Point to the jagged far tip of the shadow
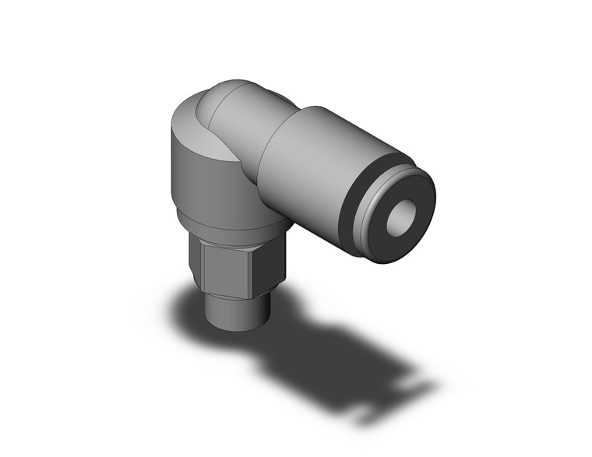click(425, 389)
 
